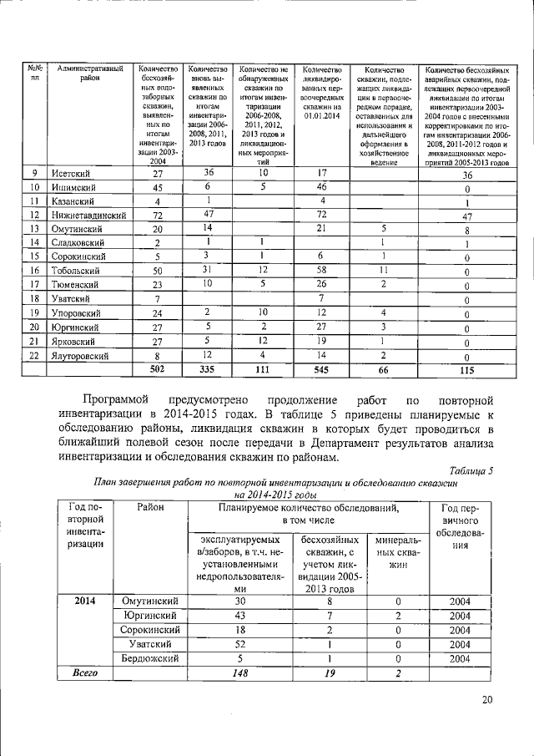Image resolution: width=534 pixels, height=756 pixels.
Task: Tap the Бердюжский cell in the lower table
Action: (x=151, y=657)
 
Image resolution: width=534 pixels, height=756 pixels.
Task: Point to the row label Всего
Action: (x=84, y=672)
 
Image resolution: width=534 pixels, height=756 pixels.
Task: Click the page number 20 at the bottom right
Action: (x=486, y=700)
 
